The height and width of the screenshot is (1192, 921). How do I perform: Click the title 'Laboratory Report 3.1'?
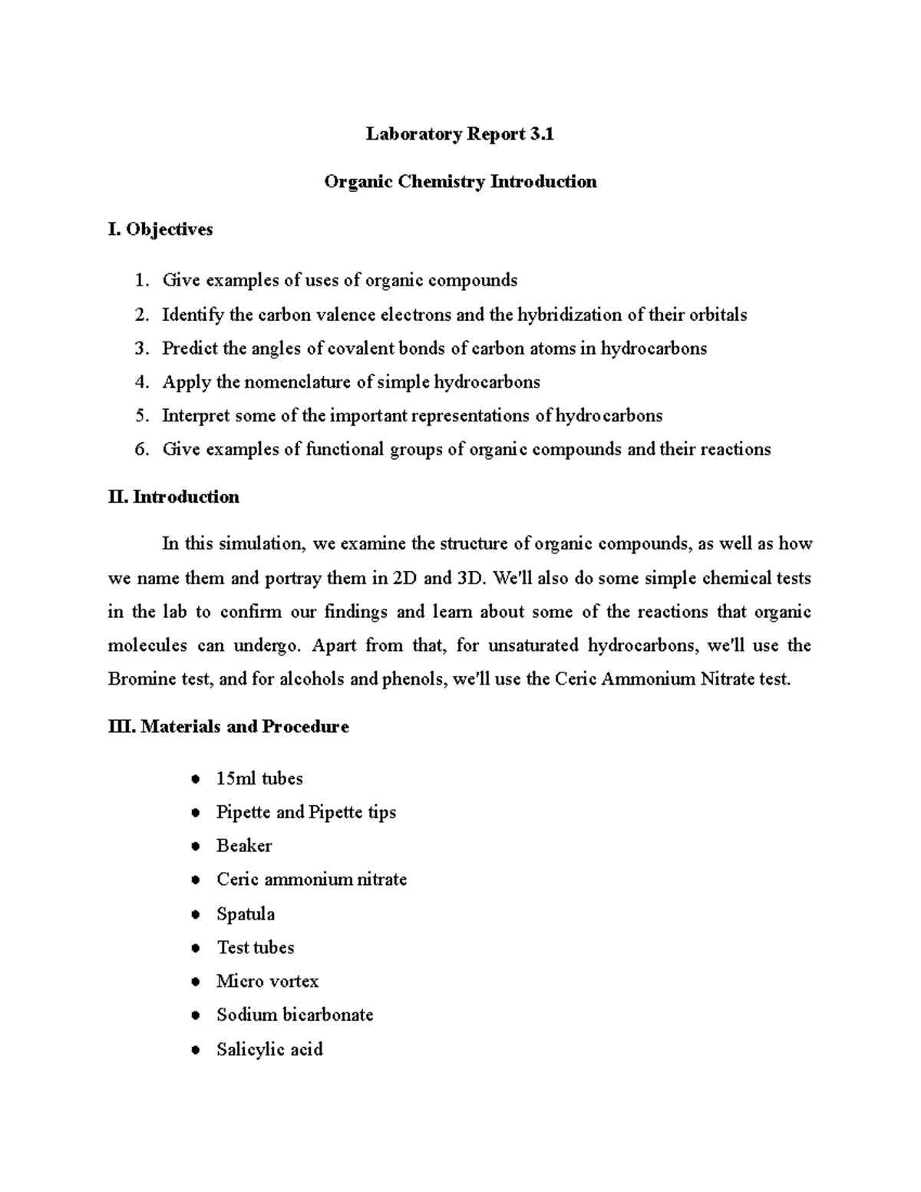(x=460, y=134)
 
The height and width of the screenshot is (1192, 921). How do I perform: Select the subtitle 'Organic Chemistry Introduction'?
(x=460, y=182)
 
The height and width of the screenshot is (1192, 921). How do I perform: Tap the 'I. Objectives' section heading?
(x=160, y=229)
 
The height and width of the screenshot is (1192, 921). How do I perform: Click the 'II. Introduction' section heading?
(x=173, y=497)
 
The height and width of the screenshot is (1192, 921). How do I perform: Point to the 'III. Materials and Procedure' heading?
(x=228, y=727)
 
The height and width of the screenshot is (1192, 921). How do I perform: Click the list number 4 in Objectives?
(x=140, y=382)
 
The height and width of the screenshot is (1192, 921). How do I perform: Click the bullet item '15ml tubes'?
(x=259, y=779)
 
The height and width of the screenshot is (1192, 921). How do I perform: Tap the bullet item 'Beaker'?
(x=244, y=846)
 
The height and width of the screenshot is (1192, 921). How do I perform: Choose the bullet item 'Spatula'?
(x=246, y=914)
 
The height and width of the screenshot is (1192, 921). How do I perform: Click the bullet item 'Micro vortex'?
(x=267, y=982)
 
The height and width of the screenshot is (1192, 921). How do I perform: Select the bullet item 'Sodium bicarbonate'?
(x=295, y=1015)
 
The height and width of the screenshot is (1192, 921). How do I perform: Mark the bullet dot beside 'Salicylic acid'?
(x=196, y=1050)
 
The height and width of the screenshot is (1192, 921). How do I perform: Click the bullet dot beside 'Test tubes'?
(x=196, y=949)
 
